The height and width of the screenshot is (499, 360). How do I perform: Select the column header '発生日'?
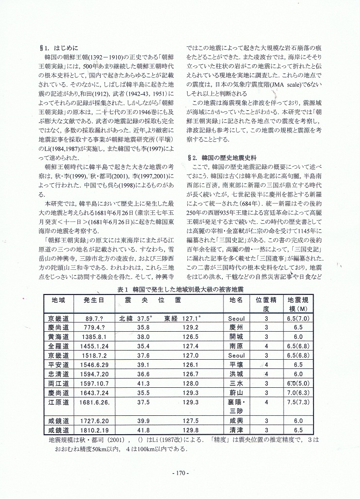tap(93, 300)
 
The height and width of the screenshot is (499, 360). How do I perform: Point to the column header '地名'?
tap(236, 300)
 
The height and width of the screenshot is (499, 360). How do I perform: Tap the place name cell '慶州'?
tap(236, 327)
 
